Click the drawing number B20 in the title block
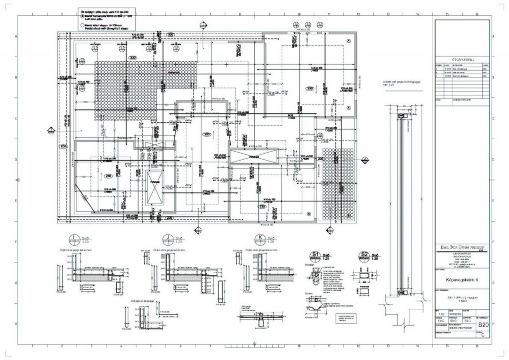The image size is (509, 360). pyautogui.click(x=482, y=325)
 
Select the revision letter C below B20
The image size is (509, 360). pyautogui.click(x=481, y=335)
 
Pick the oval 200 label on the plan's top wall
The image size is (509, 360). pyautogui.click(x=170, y=34)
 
